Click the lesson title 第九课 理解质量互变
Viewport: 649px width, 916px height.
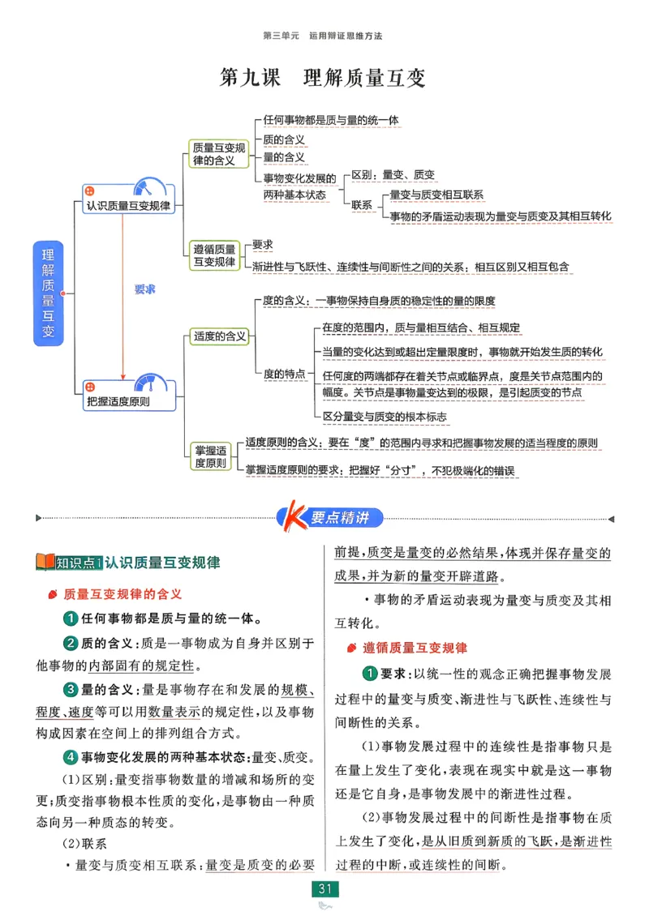(324, 79)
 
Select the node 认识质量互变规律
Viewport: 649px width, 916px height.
(129, 206)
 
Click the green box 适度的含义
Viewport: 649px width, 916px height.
(219, 336)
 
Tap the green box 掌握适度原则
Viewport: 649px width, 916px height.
(210, 456)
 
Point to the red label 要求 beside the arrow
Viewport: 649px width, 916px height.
(144, 289)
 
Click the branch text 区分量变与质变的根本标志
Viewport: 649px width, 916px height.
(385, 416)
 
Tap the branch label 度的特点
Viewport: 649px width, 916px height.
(284, 374)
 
